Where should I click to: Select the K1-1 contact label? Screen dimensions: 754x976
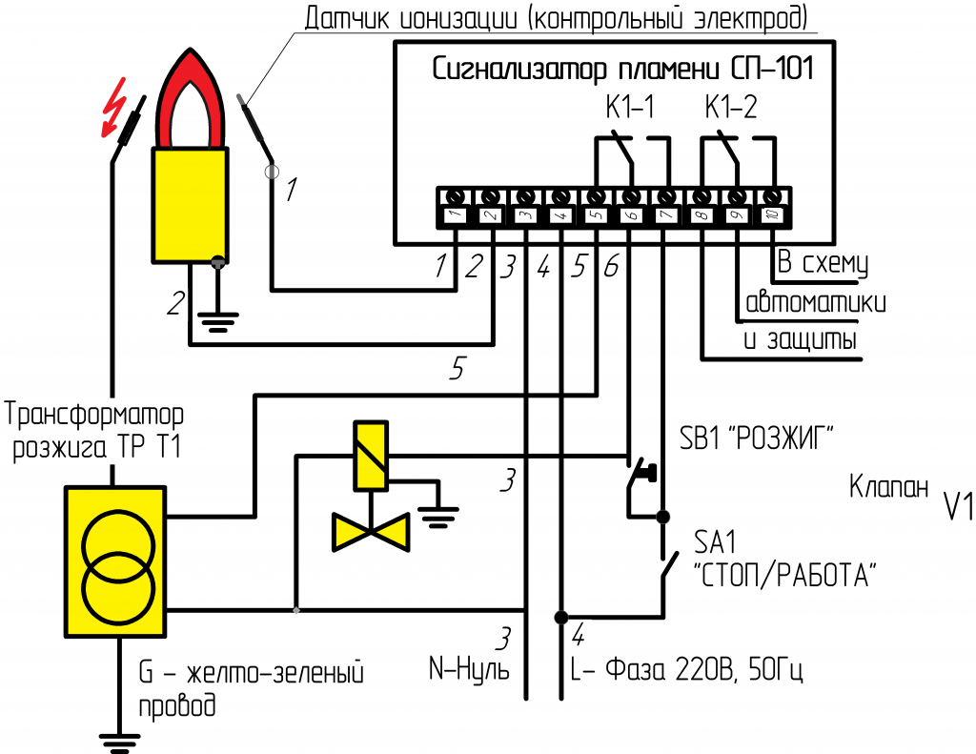coord(629,108)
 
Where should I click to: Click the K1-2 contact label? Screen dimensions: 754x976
coord(731,108)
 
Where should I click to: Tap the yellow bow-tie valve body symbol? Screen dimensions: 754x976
coord(370,531)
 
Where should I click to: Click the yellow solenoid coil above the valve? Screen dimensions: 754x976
coord(370,456)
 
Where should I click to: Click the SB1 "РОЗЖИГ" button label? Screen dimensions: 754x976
coord(757,439)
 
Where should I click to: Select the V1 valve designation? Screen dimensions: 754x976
coord(957,507)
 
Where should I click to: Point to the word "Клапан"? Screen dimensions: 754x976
coord(887,488)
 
